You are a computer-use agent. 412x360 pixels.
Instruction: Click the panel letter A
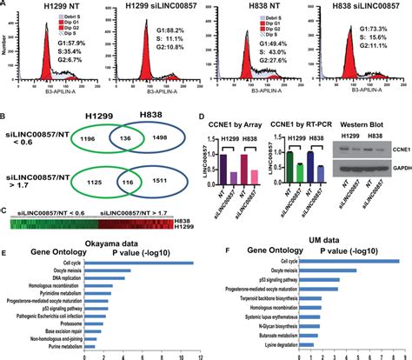[x=6, y=6]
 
